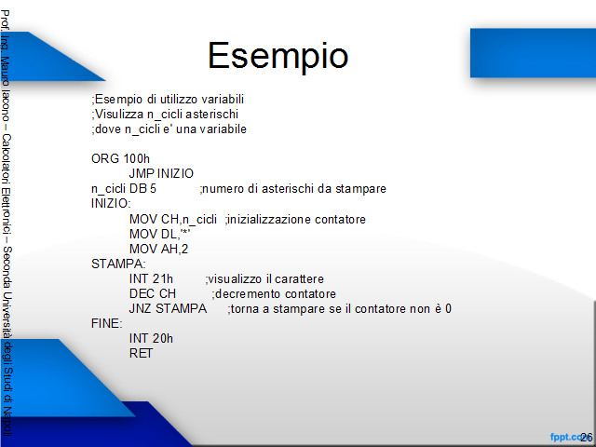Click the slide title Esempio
pyautogui.click(x=278, y=56)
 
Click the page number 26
pyautogui.click(x=587, y=438)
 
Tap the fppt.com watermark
pyautogui.click(x=566, y=437)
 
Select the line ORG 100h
pyautogui.click(x=120, y=158)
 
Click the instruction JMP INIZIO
pyautogui.click(x=161, y=174)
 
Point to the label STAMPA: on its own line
pyautogui.click(x=118, y=264)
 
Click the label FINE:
pyautogui.click(x=107, y=323)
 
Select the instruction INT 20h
pyautogui.click(x=151, y=338)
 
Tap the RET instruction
pyautogui.click(x=141, y=354)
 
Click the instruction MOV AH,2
pyautogui.click(x=158, y=249)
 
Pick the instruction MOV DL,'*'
pyautogui.click(x=159, y=234)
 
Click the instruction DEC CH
pyautogui.click(x=153, y=294)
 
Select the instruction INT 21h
pyautogui.click(x=151, y=279)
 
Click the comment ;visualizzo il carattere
pyautogui.click(x=264, y=279)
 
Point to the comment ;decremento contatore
pyautogui.click(x=274, y=294)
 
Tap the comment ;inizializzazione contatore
pyautogui.click(x=295, y=220)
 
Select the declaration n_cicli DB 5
pyautogui.click(x=124, y=189)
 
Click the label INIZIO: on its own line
pyautogui.click(x=111, y=204)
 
